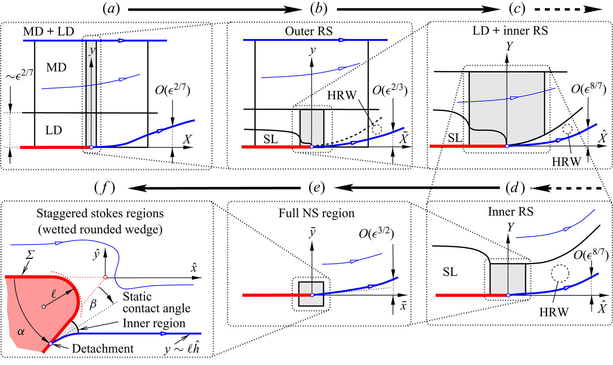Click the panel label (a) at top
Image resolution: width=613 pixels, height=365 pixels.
pos(111,9)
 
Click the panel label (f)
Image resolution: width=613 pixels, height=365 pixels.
pos(105,188)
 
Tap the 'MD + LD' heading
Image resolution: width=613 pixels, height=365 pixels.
pos(48,32)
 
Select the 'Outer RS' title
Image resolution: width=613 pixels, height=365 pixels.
pos(309,31)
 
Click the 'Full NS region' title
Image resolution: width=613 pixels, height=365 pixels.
pos(316,213)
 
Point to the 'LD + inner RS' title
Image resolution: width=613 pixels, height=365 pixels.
pos(510,31)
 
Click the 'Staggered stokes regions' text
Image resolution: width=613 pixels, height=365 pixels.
pos(100,213)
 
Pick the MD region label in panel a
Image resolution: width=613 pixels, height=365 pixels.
pos(56,68)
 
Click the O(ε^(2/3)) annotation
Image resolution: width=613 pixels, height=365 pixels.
pos(390,91)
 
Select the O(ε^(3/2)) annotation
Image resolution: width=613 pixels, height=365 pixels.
pos(376,233)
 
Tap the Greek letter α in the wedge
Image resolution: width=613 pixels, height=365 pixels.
pos(21,331)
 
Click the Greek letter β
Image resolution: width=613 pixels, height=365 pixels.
pos(93,305)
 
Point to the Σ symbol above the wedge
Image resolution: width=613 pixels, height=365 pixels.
pos(30,255)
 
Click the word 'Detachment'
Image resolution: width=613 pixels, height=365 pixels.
pos(103,348)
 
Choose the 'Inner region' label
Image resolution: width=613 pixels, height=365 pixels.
pos(154,323)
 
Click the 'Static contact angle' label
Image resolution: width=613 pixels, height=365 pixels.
pos(156,302)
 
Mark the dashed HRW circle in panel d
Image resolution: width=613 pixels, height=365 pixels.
pos(560,274)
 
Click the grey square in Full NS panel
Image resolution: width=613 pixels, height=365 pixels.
pos(311,294)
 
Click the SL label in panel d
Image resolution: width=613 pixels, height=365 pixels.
pos(450,272)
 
